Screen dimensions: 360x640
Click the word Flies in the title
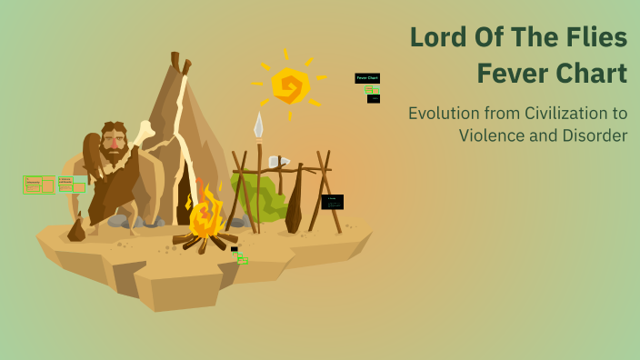[595, 38]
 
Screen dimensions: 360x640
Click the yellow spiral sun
[290, 86]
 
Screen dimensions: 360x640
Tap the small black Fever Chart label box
[367, 78]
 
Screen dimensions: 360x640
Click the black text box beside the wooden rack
[333, 202]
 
